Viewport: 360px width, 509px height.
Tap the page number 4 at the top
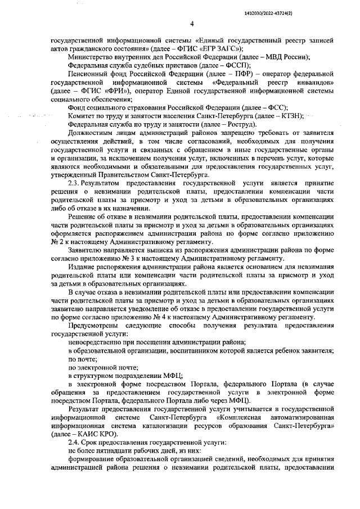click(191, 24)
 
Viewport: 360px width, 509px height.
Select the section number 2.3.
click(74, 183)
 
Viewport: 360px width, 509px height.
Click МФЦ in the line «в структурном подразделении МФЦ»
click(172, 375)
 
